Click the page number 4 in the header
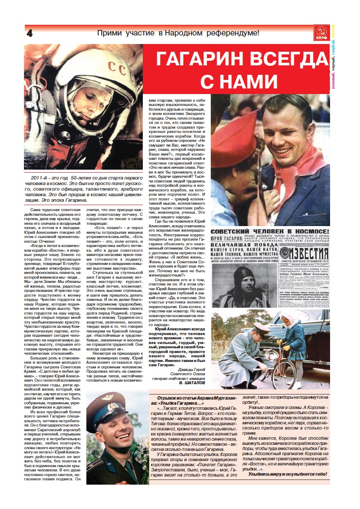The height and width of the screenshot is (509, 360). coord(30,33)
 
